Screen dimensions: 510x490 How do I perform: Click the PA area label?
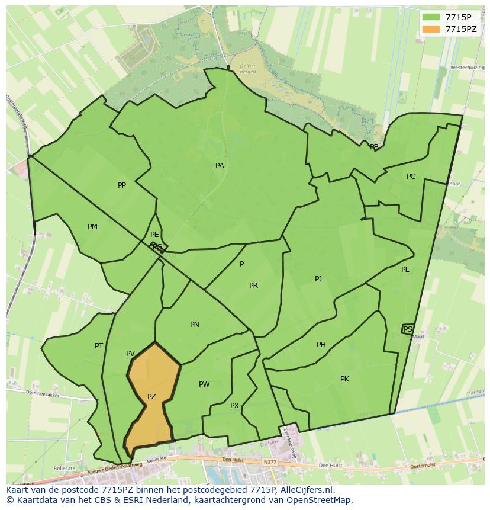coord(220,166)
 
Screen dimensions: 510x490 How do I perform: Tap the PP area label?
coord(122,185)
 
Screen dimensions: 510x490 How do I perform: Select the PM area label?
coord(92,227)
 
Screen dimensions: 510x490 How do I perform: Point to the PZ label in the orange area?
coord(151,397)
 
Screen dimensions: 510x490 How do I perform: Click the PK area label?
coord(344,379)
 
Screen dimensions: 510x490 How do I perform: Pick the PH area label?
coord(321,345)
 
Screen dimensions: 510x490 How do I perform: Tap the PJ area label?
coord(318,278)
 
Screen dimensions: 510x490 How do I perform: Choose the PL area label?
coord(405,270)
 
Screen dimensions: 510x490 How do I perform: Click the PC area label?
coord(411,177)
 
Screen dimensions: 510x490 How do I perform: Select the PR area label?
coord(253,286)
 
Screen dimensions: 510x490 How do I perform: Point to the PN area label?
coord(195,325)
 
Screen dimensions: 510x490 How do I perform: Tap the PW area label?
coord(204,384)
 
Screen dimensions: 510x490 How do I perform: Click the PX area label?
coord(234,406)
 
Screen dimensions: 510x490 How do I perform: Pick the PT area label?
coord(99,346)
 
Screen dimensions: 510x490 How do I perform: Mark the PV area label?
coord(130,354)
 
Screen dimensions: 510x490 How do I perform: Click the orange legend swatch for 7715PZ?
coord(431,29)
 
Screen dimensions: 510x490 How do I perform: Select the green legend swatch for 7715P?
coord(431,17)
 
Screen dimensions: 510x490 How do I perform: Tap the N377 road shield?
coord(270,461)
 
